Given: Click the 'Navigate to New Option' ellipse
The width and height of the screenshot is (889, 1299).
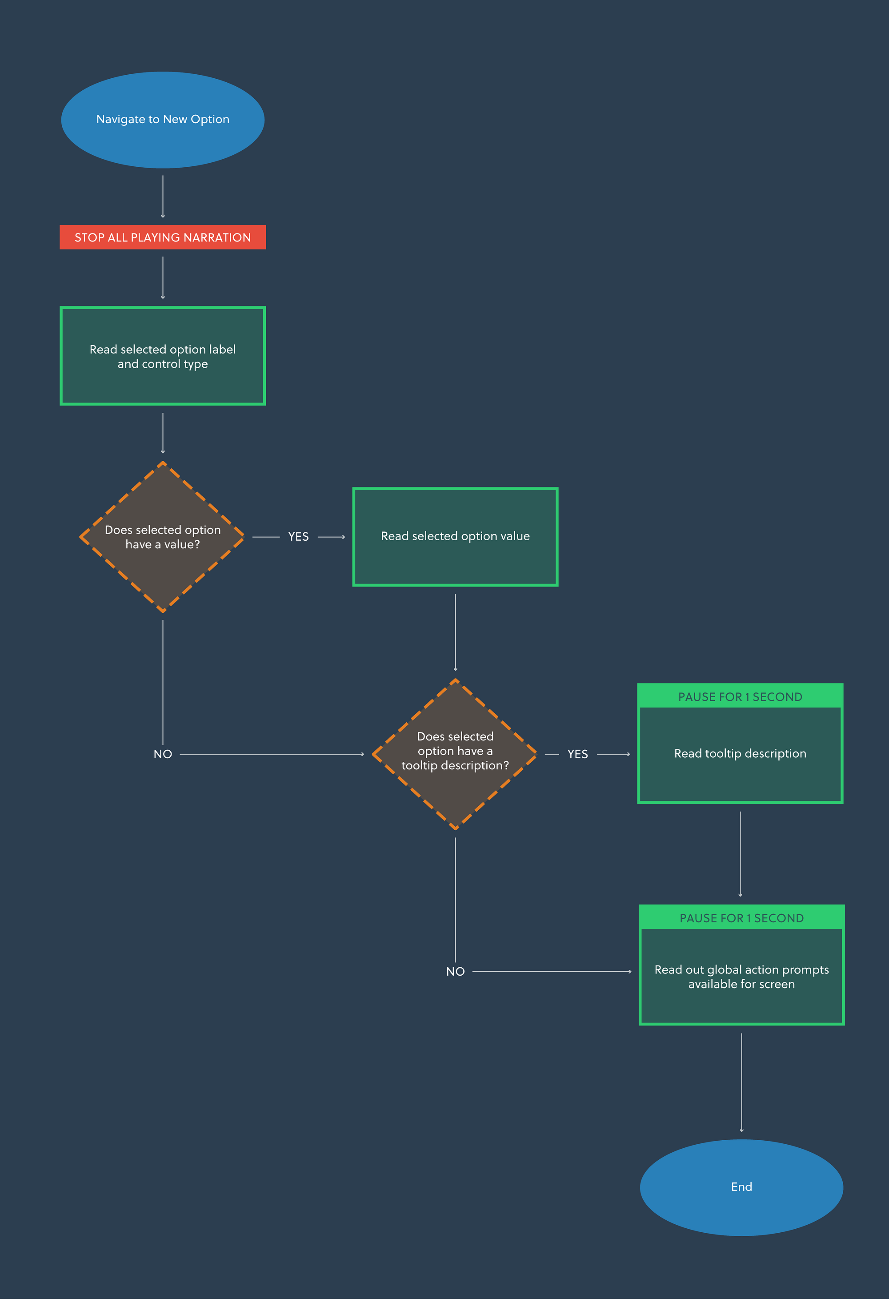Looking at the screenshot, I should point(163,120).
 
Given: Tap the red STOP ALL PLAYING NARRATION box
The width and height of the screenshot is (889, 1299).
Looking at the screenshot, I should point(163,237).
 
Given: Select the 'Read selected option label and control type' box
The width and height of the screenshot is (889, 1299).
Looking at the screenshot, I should point(163,356).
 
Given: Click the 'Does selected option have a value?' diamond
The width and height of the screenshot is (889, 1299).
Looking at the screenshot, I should point(163,537).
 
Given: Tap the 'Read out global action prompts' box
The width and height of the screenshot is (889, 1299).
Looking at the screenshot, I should point(741,976).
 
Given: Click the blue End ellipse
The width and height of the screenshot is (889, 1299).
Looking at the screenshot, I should point(741,1186).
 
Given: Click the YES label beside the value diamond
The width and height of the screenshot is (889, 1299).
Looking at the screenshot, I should point(298,537).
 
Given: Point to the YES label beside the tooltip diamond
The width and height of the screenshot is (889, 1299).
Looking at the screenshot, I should point(577,754).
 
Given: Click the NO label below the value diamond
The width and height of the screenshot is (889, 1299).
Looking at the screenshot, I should point(163,754).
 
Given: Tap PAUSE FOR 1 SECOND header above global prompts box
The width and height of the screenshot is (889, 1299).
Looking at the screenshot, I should point(741,918).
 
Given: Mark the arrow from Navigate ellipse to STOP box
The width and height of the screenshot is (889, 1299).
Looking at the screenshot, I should point(163,196).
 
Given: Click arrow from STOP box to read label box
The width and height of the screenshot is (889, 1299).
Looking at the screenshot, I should point(163,278).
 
